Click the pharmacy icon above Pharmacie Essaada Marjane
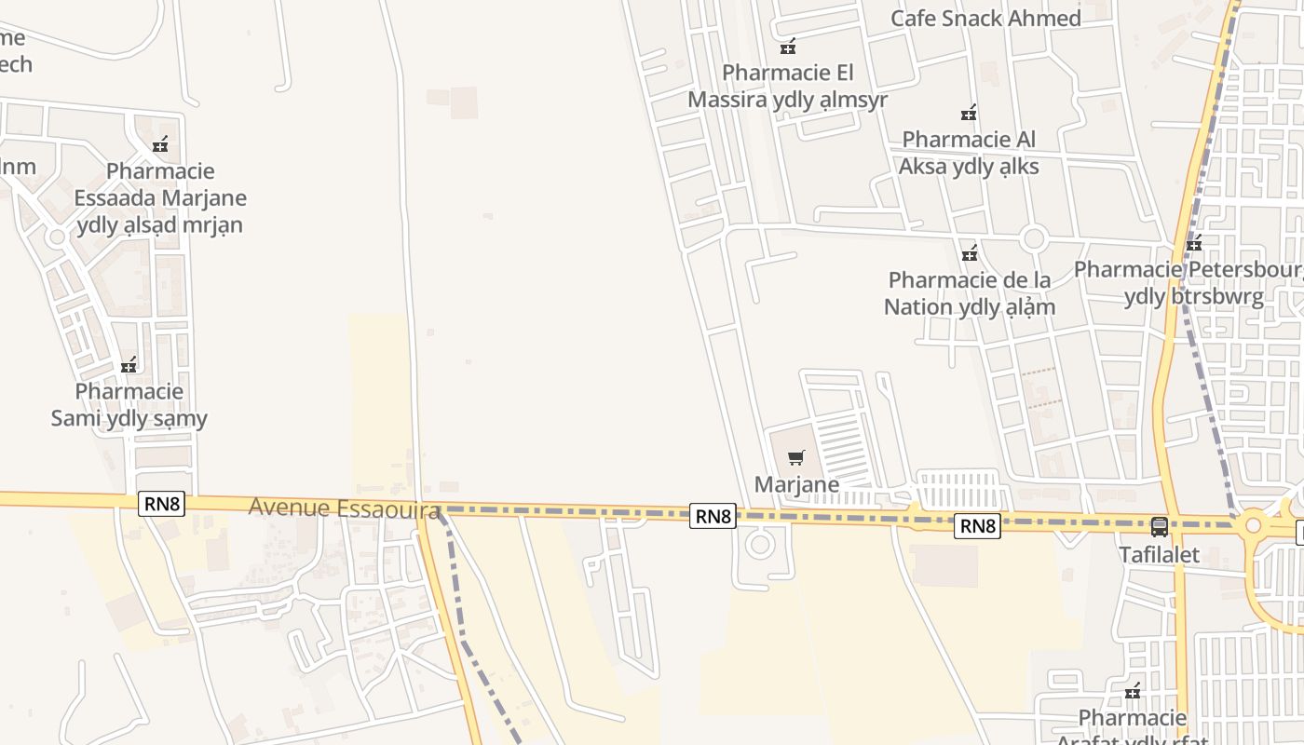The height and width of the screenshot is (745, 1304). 160,144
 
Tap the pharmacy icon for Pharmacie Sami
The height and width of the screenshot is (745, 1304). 129,365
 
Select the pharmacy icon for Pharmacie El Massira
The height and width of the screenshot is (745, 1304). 788,46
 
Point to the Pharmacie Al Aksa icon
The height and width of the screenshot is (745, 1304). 969,114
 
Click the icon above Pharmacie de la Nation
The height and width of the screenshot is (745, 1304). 970,253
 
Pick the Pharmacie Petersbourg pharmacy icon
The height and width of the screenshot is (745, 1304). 1194,244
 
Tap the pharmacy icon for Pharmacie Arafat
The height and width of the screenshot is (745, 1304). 1133,691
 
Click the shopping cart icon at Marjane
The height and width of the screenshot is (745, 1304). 795,457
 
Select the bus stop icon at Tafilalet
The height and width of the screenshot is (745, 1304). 1160,527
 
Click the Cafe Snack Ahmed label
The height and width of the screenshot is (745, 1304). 985,19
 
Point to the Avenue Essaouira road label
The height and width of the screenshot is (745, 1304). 344,508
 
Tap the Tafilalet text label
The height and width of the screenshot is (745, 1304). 1159,555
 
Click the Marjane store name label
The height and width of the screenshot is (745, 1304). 796,484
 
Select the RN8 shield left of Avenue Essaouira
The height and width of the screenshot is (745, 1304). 162,504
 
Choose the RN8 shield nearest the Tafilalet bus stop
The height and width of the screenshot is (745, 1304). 978,526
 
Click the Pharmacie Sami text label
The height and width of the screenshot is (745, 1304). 129,405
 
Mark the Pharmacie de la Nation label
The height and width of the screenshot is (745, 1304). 970,293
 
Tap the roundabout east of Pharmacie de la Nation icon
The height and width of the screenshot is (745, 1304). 1033,238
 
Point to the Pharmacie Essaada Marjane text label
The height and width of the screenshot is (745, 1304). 160,197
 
